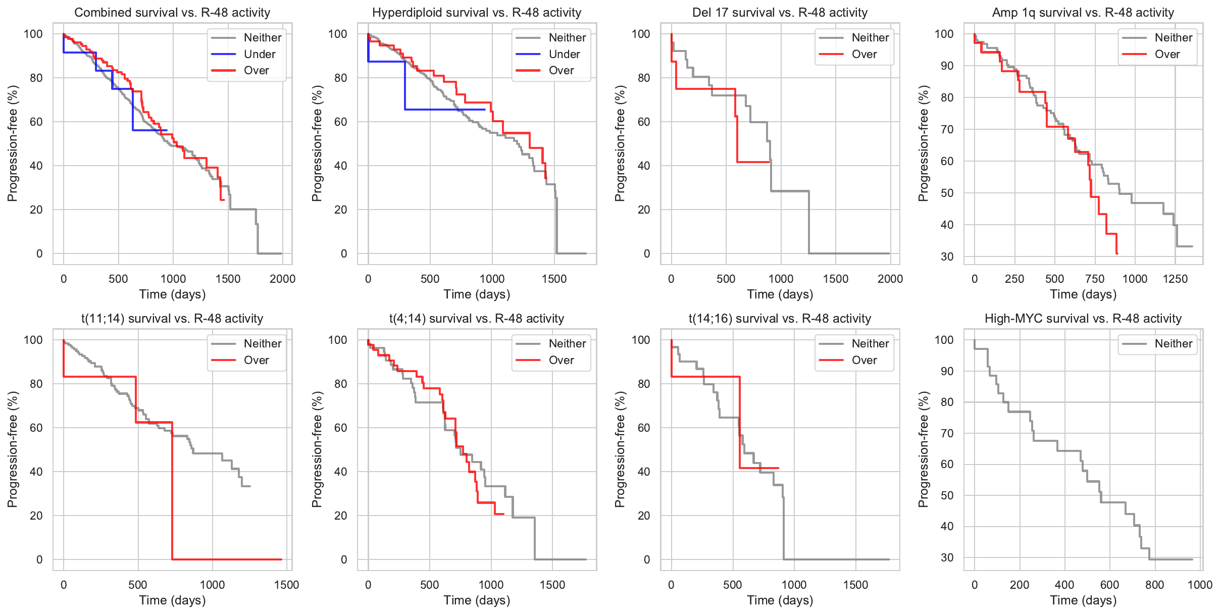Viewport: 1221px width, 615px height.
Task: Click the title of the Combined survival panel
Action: pyautogui.click(x=172, y=13)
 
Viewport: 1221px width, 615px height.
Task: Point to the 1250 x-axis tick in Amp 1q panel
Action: pyautogui.click(x=1175, y=279)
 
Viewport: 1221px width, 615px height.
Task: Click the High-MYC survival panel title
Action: pyautogui.click(x=1083, y=319)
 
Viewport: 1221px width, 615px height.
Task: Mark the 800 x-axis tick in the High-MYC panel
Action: pyautogui.click(x=1154, y=585)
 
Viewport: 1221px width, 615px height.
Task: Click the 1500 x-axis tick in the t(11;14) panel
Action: pyautogui.click(x=286, y=585)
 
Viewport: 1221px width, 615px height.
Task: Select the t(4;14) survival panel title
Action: pyautogui.click(x=476, y=319)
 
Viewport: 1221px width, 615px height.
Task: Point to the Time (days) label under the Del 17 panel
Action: pyautogui.click(x=780, y=294)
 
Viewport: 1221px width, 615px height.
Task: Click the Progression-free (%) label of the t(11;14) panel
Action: pyautogui.click(x=13, y=449)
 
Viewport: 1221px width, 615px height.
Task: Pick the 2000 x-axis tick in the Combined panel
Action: pyautogui.click(x=282, y=279)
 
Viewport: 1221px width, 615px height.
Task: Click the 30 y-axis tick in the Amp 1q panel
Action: pyautogui.click(x=947, y=257)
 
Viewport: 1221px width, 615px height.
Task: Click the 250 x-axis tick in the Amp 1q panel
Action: pyautogui.click(x=1014, y=279)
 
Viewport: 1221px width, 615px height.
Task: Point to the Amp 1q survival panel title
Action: pyautogui.click(x=1083, y=13)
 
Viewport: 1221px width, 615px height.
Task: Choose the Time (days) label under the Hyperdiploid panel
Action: pyautogui.click(x=477, y=294)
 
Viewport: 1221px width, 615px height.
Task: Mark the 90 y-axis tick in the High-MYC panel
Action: pyautogui.click(x=947, y=371)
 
